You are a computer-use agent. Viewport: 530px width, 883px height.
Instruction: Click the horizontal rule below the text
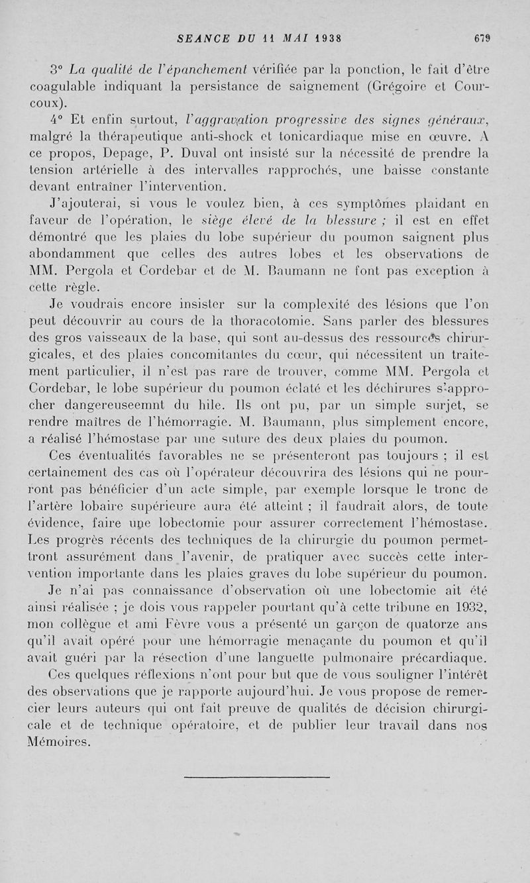click(x=256, y=776)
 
